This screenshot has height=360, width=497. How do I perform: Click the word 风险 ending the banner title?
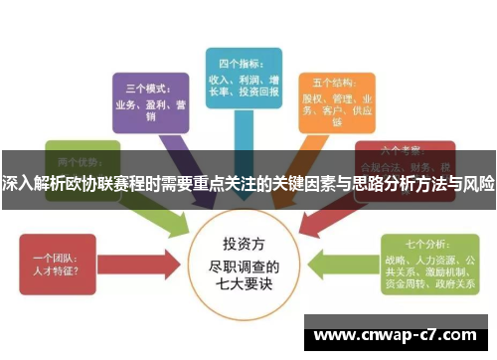479,184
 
